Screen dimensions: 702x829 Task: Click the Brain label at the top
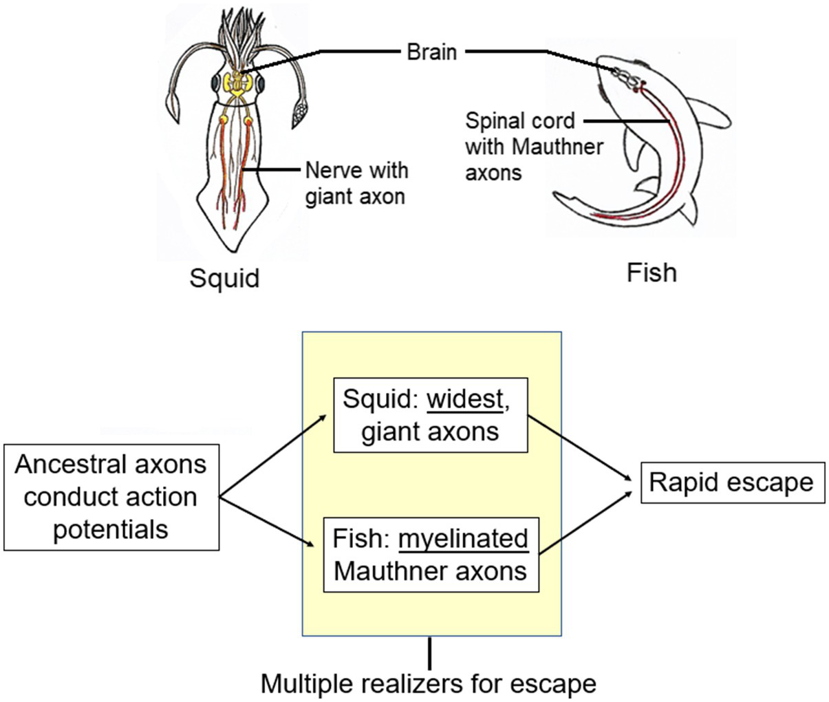[431, 52]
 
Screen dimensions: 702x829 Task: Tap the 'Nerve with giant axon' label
[356, 183]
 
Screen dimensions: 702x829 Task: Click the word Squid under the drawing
[224, 278]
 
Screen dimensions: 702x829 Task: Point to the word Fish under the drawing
[652, 273]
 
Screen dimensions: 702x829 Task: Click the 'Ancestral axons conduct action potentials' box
[111, 497]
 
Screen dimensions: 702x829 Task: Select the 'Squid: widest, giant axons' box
[430, 415]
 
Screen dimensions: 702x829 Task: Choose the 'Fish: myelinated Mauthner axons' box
[431, 555]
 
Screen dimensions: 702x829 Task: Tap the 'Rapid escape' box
[732, 482]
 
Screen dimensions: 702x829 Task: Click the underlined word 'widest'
[465, 399]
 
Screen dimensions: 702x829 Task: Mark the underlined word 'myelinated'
[463, 538]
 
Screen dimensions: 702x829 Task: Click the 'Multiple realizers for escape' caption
[429, 684]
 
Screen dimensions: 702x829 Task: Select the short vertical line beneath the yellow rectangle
[430, 653]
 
